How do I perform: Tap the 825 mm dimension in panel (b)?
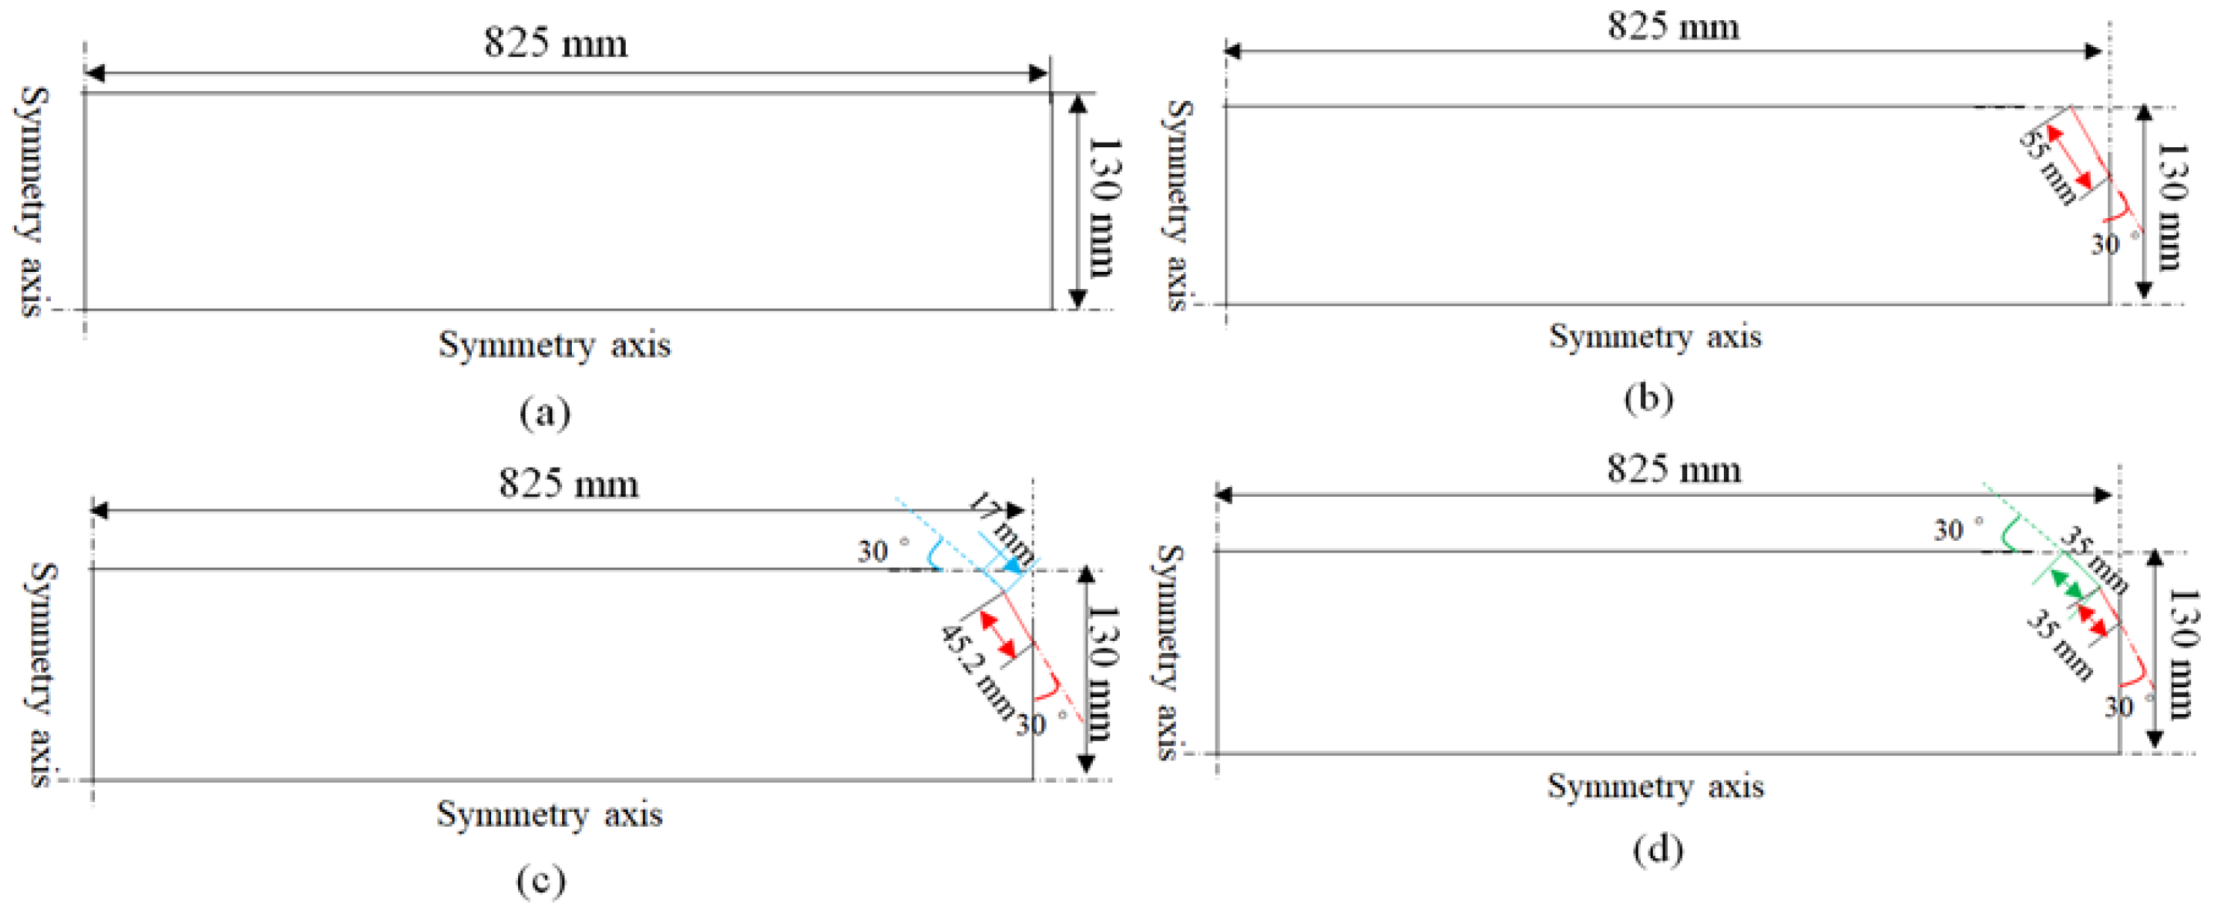pyautogui.click(x=1673, y=26)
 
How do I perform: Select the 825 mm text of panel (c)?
pyautogui.click(x=568, y=483)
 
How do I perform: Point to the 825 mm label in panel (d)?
pyautogui.click(x=1675, y=469)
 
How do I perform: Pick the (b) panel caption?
pyautogui.click(x=1648, y=398)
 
